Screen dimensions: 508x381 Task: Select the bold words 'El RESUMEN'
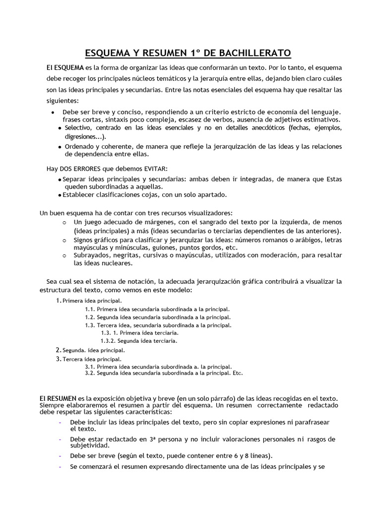58,398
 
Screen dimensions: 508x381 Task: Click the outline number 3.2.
89,373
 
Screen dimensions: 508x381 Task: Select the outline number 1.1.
89,309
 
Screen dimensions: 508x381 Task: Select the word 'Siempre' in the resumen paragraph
51,405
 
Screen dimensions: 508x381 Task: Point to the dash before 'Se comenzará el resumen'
60,467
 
